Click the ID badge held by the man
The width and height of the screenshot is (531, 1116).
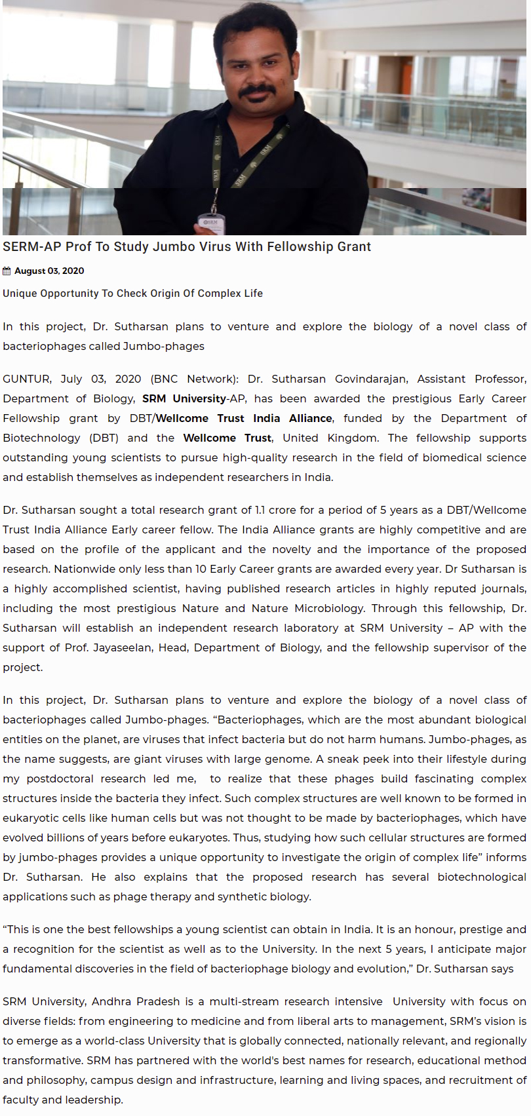211,223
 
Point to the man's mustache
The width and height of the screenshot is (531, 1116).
257,91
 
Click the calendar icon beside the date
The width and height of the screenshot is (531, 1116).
7,271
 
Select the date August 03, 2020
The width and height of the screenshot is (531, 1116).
49,271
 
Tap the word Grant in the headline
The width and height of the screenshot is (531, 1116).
354,247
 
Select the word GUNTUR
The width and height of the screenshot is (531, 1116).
26,379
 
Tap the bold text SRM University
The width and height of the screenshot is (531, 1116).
184,398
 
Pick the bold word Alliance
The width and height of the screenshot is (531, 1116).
310,418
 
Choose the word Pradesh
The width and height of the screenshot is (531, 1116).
158,1001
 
